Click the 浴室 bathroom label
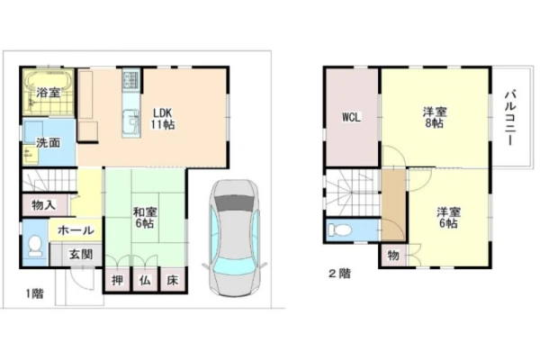(49, 93)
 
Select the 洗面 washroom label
(49, 142)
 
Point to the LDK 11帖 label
(163, 119)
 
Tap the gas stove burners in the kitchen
(131, 80)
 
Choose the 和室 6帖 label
(145, 218)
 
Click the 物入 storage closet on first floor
(44, 206)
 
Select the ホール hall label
(76, 230)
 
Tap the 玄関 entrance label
(81, 255)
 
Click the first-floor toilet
(35, 246)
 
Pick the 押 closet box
(117, 280)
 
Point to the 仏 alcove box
(145, 280)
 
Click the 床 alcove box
(173, 280)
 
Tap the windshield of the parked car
(234, 202)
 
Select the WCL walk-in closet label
(351, 118)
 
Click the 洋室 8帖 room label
(435, 118)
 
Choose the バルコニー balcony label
(511, 118)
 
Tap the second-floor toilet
(339, 229)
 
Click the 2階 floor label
(339, 274)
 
